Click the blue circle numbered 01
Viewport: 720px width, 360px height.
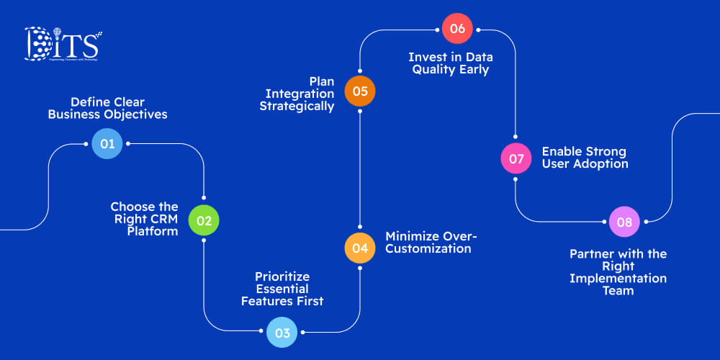pyautogui.click(x=107, y=144)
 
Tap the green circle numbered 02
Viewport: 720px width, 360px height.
pyautogui.click(x=204, y=220)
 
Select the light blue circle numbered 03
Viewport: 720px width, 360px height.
pyautogui.click(x=282, y=333)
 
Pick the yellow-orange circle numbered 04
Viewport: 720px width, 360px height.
pyautogui.click(x=360, y=248)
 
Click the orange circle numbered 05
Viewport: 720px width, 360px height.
pyautogui.click(x=360, y=91)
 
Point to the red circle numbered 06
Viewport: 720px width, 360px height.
pyautogui.click(x=457, y=30)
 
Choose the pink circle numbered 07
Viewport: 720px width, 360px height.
pyautogui.click(x=516, y=158)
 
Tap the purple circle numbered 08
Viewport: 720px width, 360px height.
pyautogui.click(x=624, y=222)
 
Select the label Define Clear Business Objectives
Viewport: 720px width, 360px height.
pyautogui.click(x=107, y=108)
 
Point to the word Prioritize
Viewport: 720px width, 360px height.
pyautogui.click(x=282, y=276)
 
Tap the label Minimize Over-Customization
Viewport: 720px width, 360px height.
pyautogui.click(x=431, y=243)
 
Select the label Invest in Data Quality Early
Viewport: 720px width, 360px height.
pyautogui.click(x=450, y=63)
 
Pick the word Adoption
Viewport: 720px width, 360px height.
pyautogui.click(x=601, y=164)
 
